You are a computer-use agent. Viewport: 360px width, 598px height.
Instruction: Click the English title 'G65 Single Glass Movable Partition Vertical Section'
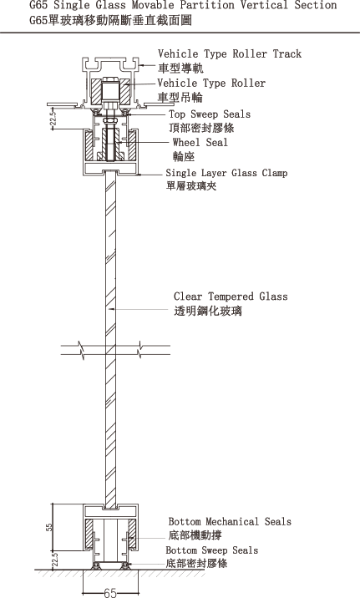coord(183,5)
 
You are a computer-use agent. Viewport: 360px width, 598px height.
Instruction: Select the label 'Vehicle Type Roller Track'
coord(230,53)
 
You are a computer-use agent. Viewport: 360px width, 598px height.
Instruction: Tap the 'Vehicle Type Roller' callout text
coord(211,84)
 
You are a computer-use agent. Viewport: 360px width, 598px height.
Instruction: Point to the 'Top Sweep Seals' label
coord(210,114)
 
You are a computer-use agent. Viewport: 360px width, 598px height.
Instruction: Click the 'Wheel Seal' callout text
coord(200,142)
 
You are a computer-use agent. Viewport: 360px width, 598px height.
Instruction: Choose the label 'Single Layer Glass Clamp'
coord(226,173)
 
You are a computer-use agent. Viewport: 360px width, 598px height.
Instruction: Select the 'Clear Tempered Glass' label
coord(231,296)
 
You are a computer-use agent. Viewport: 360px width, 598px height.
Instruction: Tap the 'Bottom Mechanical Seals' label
coord(230,521)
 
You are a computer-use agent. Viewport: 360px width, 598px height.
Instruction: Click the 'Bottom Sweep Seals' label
coord(212,550)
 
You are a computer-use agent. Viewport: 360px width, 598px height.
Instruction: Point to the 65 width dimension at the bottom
coord(110,592)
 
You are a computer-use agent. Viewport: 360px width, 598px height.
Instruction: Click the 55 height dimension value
coord(49,527)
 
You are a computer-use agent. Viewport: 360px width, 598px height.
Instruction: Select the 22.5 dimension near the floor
coord(55,560)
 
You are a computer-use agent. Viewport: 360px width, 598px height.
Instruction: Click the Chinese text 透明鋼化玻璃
coord(208,311)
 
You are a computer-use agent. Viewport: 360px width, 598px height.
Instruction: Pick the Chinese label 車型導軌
coord(180,68)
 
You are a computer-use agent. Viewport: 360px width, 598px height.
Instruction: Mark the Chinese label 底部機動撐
coord(195,535)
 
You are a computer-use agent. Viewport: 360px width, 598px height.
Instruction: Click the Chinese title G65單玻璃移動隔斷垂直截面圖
coord(110,20)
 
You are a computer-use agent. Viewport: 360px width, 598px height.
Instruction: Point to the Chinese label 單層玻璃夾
coord(192,186)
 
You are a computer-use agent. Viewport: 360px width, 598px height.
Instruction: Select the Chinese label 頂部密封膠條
coord(202,128)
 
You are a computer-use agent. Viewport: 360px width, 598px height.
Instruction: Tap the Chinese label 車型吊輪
coord(180,97)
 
